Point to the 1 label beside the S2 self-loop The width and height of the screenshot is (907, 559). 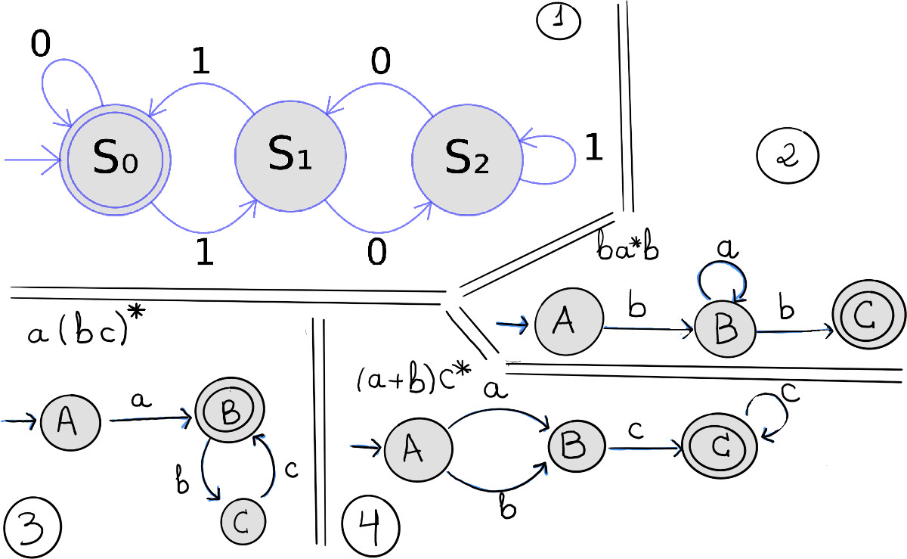pos(594,149)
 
